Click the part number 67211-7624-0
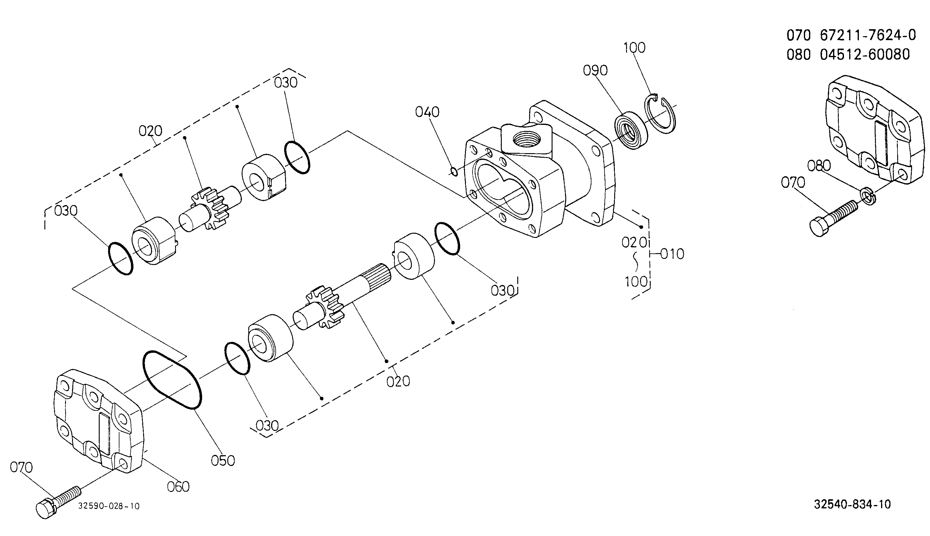[x=868, y=35]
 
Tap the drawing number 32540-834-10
[x=852, y=504]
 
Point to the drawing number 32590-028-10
[x=109, y=506]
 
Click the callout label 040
[x=427, y=112]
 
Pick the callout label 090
[x=595, y=70]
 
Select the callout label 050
[x=223, y=461]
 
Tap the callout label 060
[x=178, y=487]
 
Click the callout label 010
[x=672, y=254]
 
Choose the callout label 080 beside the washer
[x=819, y=166]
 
